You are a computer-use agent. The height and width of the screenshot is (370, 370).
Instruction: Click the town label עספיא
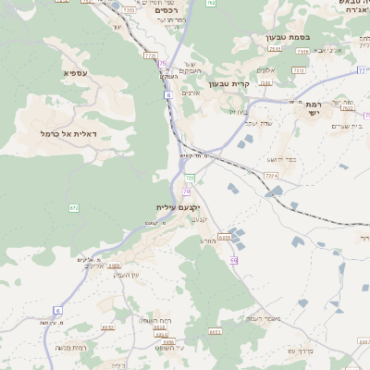(76, 72)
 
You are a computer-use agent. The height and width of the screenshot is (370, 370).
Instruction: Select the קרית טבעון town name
(230, 83)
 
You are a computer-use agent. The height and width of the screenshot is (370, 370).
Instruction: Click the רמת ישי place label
(317, 108)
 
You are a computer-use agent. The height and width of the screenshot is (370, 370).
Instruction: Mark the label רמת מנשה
(70, 346)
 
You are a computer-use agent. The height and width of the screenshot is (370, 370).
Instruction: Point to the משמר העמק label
(244, 317)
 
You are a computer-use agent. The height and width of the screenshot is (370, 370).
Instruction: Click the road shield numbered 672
(73, 207)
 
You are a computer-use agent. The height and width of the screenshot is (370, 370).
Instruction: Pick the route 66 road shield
(234, 260)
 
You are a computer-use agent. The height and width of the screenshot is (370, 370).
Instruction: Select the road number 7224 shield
(271, 175)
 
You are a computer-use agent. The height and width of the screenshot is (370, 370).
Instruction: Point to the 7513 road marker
(299, 69)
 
